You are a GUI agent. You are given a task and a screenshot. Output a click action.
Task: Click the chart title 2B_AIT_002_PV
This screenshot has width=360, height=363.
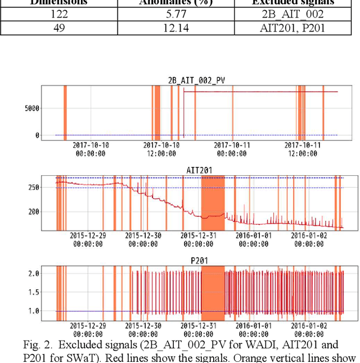tap(197, 81)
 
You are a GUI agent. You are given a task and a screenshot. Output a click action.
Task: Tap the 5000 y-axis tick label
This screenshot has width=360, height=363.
tap(31, 108)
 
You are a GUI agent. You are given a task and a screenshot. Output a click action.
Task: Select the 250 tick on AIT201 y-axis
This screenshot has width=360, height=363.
tap(33, 188)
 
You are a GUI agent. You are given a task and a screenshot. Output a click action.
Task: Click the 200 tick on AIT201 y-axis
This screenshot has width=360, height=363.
tap(33, 212)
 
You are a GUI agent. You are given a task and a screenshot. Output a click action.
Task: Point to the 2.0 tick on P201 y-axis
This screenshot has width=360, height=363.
tap(33, 274)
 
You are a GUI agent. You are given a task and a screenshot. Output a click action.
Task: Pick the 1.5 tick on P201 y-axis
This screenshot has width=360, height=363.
tap(33, 292)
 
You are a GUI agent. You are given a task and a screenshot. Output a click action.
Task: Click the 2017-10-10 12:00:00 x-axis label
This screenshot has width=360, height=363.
tap(160, 148)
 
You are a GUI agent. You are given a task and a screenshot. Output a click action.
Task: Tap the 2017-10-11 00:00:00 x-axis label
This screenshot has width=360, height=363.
tap(231, 148)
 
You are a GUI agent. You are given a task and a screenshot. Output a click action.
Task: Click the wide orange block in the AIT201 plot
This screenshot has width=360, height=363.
tap(213, 202)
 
